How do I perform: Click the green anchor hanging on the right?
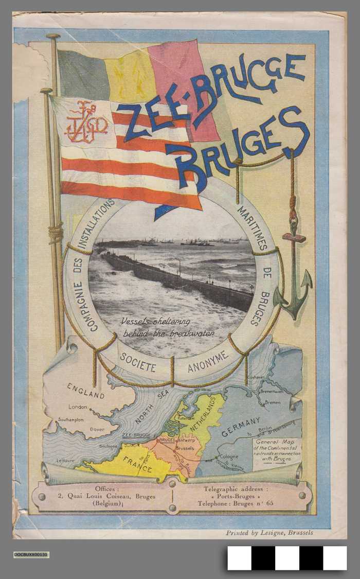pos(293,288)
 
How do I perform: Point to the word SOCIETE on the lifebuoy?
pos(137,362)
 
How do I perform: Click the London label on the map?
pos(78,407)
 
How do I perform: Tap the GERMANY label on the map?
pos(241,427)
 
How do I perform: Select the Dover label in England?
pos(97,429)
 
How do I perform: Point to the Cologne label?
pos(228,456)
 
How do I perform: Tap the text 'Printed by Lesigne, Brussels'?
pos(269,533)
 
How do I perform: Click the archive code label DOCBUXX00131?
pos(31,554)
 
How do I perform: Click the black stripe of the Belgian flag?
pos(82,75)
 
